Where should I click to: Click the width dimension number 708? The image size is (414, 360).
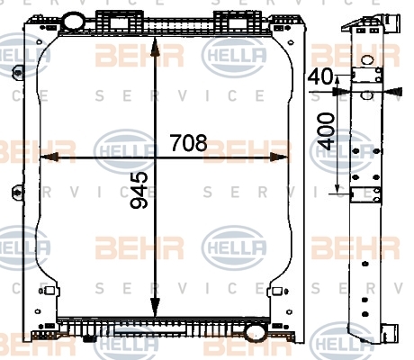189,143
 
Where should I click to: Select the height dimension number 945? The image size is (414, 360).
139,190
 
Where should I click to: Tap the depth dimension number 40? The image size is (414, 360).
320,76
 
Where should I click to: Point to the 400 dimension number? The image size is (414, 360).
326,131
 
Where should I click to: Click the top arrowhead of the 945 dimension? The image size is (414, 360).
155,47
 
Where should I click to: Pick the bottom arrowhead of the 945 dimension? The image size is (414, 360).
155,307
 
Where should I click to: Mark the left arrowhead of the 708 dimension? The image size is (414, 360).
49,157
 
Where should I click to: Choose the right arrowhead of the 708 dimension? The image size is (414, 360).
280,157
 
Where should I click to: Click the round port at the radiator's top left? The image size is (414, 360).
74,21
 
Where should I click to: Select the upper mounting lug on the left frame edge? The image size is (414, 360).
18,72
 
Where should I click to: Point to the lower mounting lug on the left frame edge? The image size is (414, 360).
18,192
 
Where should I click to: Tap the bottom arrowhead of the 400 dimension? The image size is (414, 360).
337,188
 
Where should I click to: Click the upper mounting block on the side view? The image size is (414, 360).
367,75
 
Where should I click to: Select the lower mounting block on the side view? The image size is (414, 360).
366,194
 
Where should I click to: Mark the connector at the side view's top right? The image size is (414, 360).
392,23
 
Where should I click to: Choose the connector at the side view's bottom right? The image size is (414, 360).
391,333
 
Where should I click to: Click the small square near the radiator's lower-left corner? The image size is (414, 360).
49,291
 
